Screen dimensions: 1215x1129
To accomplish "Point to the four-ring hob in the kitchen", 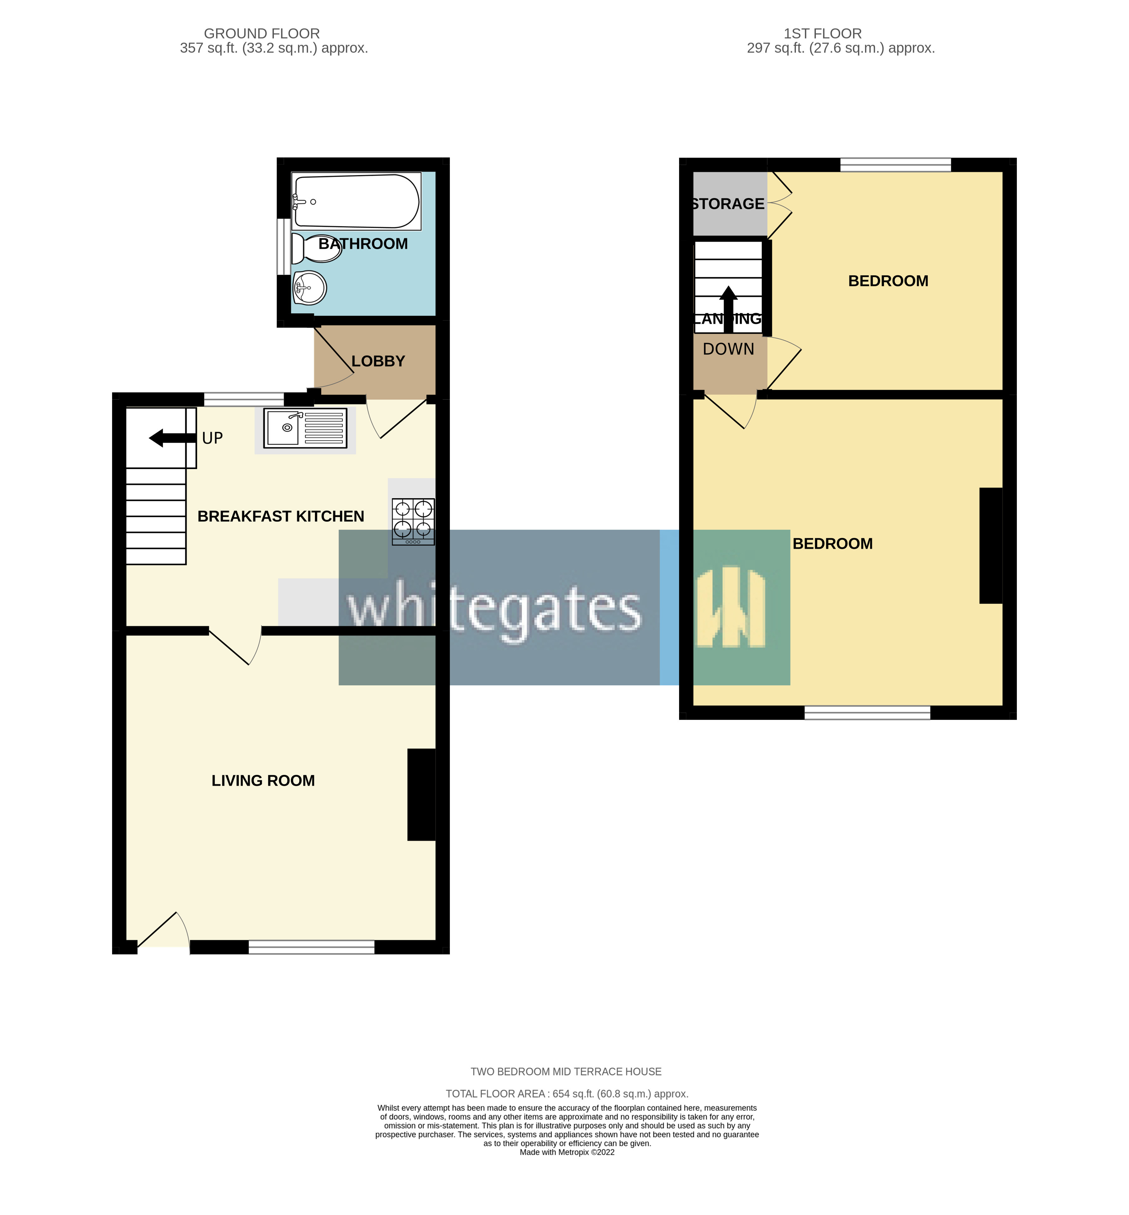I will click(x=413, y=521).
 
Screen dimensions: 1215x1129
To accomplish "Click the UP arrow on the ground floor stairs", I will click(x=172, y=438).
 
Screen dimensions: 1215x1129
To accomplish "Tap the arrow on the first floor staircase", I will click(x=728, y=310).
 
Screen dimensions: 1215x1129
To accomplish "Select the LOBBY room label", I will click(x=378, y=361).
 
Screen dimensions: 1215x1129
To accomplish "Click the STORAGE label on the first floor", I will click(x=728, y=204).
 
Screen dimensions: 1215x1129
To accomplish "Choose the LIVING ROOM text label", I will click(x=263, y=781).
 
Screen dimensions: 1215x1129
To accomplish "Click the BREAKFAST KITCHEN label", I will click(x=280, y=516).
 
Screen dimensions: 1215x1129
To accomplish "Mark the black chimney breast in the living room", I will click(x=422, y=794).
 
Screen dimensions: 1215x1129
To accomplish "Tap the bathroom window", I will click(x=283, y=247).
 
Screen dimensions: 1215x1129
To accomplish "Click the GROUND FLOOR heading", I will click(x=261, y=34).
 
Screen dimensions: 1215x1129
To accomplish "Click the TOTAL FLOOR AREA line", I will click(x=566, y=1094).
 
